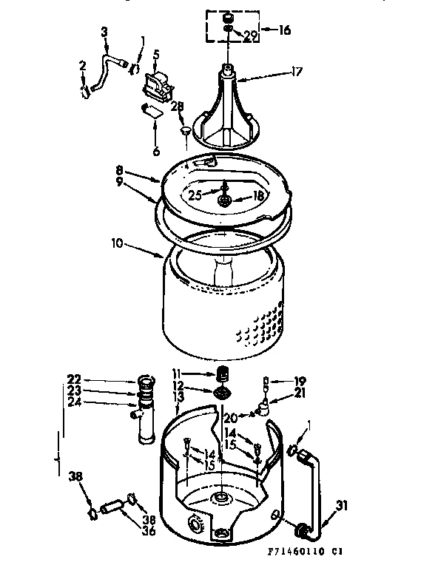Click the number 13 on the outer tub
point(178,396)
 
